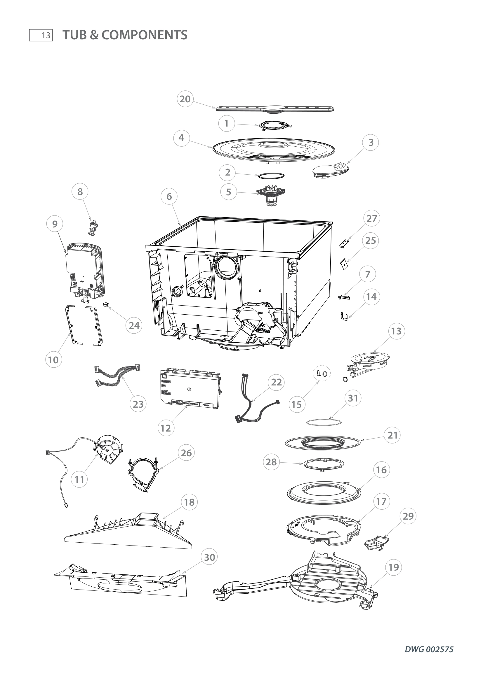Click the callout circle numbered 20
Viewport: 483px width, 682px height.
tap(185, 99)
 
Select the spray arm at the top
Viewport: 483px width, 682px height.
tap(275, 109)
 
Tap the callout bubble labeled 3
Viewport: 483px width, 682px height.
tap(371, 143)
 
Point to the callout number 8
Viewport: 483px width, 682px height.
tap(80, 192)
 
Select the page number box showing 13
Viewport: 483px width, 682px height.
tap(41, 35)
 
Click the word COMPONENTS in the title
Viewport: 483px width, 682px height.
tap(145, 35)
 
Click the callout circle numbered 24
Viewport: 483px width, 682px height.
tap(134, 326)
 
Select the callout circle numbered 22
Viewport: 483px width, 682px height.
tap(276, 382)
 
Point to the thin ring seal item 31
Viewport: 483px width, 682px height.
tap(324, 422)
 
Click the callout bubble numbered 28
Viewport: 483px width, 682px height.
tap(271, 462)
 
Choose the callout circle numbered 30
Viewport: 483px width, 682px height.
tap(209, 557)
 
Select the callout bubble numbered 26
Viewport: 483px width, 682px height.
tap(186, 453)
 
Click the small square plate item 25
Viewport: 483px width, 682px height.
tap(344, 264)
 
